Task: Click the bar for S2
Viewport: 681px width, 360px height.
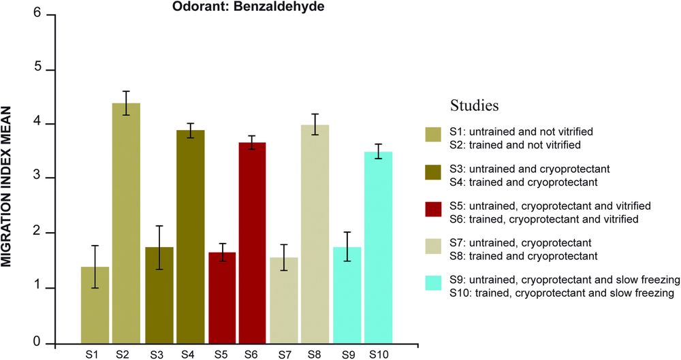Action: pyautogui.click(x=126, y=225)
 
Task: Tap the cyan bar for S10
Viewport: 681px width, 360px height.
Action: pyautogui.click(x=378, y=248)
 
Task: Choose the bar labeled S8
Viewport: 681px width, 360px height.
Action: pyautogui.click(x=315, y=235)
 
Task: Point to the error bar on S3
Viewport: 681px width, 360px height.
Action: pyautogui.click(x=159, y=248)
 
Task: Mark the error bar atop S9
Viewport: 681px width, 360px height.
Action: pyautogui.click(x=347, y=246)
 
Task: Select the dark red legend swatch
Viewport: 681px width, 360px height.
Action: pyautogui.click(x=433, y=212)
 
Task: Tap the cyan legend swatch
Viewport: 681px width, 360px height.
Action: pyautogui.click(x=433, y=285)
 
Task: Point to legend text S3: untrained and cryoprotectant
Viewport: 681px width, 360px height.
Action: pyautogui.click(x=525, y=169)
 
